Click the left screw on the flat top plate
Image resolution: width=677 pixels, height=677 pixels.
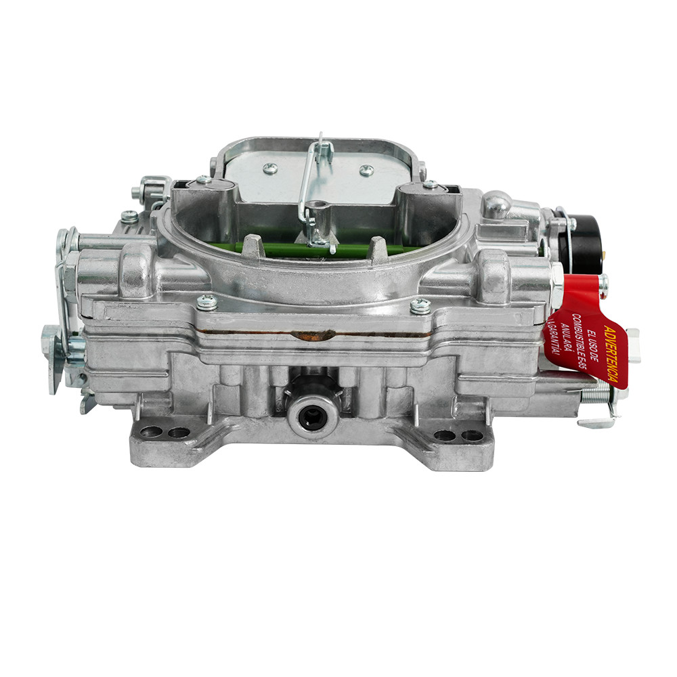(x=270, y=169)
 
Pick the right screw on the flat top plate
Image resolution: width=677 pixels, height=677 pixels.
(x=366, y=171)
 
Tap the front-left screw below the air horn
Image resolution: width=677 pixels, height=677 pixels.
(x=206, y=302)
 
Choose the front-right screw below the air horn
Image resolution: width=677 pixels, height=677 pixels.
(x=420, y=305)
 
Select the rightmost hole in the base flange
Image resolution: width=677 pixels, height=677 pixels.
(x=472, y=436)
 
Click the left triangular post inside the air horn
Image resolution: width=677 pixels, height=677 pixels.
(x=254, y=245)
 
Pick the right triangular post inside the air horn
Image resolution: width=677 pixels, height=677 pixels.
(x=377, y=247)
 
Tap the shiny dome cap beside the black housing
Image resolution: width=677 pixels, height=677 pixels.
(x=497, y=204)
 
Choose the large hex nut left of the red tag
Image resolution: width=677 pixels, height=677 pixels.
(x=554, y=285)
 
